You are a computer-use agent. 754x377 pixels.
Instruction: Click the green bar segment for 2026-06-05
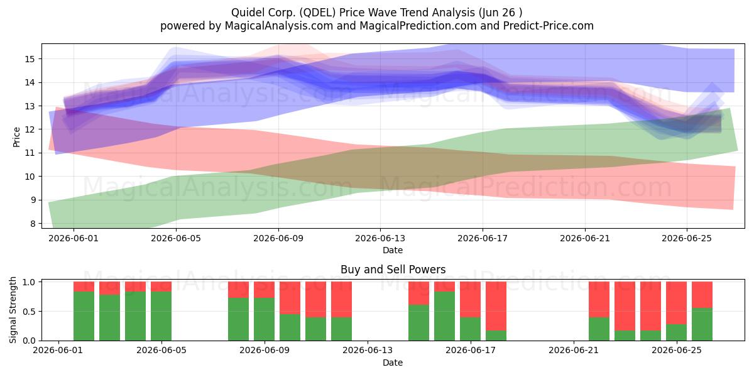coord(161,316)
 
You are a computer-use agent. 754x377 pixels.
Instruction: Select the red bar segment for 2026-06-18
coord(496,306)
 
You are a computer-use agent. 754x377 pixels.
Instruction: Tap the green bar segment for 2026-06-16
coord(445,316)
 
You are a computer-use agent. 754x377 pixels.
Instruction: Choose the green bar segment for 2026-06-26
coord(702,324)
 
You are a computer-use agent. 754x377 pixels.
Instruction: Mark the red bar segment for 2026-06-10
coord(290,298)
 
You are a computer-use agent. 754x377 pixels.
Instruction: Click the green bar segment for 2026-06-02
coord(84,316)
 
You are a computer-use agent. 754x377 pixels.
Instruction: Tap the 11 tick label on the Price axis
coord(30,153)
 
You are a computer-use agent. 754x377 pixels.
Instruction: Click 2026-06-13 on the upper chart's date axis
coord(380,238)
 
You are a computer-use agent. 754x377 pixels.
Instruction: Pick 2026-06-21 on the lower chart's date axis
coord(574,351)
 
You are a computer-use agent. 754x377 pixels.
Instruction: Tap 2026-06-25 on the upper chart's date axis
coord(687,238)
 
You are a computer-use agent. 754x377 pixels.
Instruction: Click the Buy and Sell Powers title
coord(393,270)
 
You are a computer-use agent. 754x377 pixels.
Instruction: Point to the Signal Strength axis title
coord(13,310)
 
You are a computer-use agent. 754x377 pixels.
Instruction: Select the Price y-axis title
coord(16,137)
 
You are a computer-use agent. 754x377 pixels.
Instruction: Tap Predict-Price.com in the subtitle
coord(549,26)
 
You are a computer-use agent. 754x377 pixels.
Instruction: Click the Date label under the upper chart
coord(393,250)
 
